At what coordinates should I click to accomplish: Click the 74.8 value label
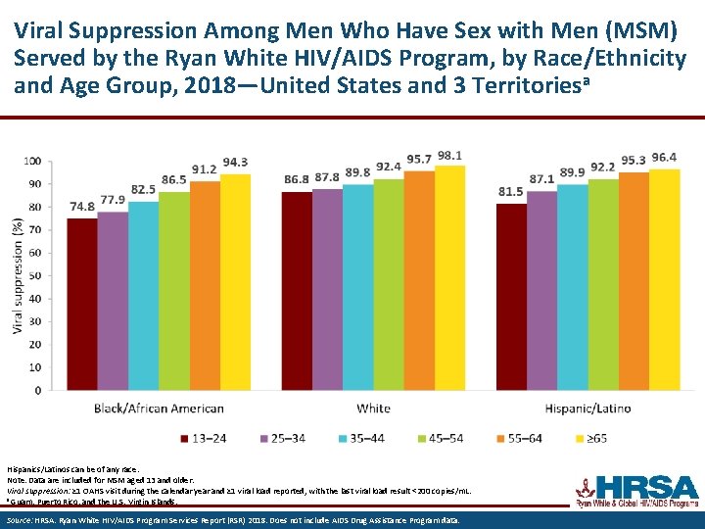tap(82, 207)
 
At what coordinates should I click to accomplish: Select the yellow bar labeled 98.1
tap(449, 277)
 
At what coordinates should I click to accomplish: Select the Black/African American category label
tap(160, 409)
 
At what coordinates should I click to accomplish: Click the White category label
tap(373, 409)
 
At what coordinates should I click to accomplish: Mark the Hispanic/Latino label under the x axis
tap(587, 409)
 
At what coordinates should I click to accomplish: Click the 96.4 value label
tap(664, 157)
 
